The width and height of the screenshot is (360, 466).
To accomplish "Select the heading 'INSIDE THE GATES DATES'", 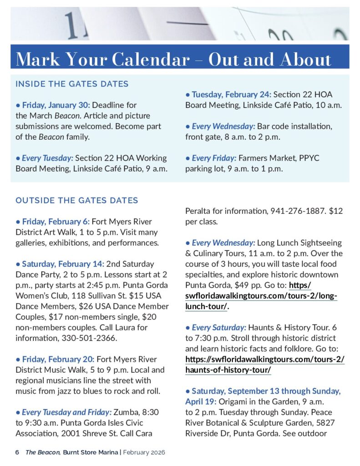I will click(72, 84).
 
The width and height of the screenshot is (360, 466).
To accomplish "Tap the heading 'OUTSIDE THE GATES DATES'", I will click(76, 200).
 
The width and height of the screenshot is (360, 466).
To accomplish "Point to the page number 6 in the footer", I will click(17, 452).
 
